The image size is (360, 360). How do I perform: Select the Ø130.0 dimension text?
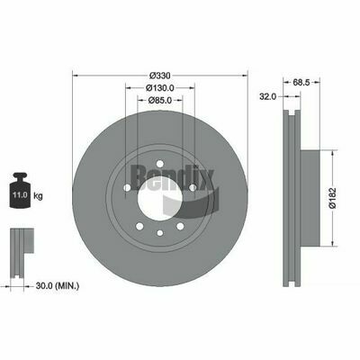(159, 87)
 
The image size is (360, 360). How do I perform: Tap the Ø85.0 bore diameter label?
(159, 100)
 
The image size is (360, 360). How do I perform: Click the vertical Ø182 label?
(331, 199)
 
